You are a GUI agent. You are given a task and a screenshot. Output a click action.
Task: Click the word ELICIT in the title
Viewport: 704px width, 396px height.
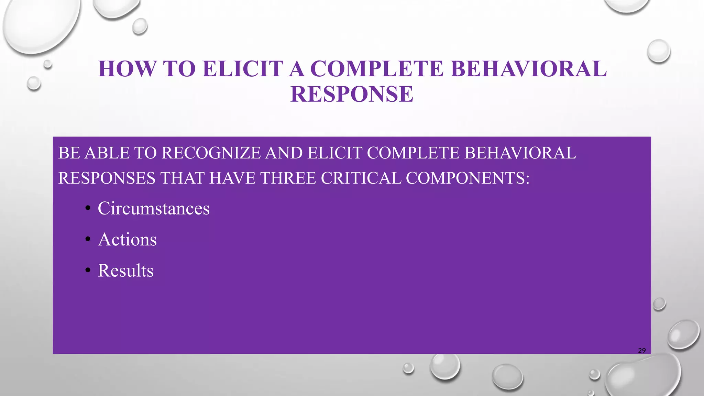[x=243, y=69]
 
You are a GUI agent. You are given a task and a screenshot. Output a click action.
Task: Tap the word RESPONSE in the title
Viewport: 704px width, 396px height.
[x=352, y=94]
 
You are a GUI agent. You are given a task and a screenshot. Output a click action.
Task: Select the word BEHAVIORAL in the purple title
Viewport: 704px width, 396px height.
[x=529, y=69]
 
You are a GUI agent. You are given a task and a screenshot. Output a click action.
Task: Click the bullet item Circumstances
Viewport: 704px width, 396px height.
[x=154, y=208]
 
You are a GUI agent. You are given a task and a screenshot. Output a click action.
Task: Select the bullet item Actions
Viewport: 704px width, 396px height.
[x=127, y=239]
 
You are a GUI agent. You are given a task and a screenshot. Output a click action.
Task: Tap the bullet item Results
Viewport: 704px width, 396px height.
[x=125, y=270]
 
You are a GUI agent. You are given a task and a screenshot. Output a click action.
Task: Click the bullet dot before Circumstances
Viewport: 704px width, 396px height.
[x=88, y=209]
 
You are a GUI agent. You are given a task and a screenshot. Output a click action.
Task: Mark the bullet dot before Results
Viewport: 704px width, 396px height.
[x=88, y=271]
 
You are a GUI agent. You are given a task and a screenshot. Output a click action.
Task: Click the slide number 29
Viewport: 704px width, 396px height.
[x=642, y=350]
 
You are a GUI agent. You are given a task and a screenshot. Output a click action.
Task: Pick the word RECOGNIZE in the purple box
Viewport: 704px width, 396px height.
[x=211, y=153]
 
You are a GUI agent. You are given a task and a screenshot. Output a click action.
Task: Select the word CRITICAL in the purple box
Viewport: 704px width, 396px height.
[x=361, y=178]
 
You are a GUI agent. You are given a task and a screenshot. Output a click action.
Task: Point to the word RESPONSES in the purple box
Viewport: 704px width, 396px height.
[x=107, y=178]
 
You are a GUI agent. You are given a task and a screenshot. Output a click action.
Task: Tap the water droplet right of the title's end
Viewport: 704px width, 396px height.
[x=659, y=51]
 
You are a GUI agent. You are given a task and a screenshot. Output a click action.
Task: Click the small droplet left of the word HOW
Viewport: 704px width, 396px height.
[x=34, y=84]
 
